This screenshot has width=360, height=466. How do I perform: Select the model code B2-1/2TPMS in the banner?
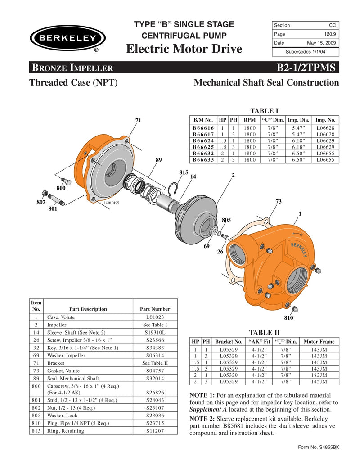pos(306,68)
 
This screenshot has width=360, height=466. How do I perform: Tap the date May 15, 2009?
pos(321,43)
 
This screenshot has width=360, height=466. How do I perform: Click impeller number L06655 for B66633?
pos(325,159)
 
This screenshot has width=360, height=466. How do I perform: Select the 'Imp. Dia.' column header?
pos(298,120)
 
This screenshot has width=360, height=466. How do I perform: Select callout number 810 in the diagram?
pos(288,318)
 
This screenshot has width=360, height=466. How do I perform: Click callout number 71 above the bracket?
pos(139,120)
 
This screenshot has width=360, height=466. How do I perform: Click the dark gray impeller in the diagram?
pos(198,209)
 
